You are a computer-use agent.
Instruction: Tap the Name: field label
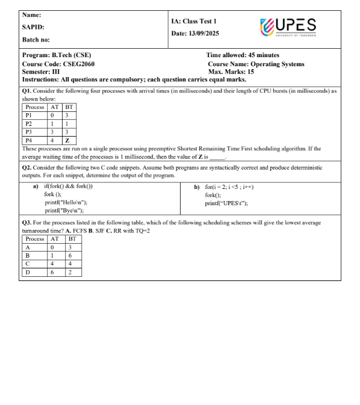coord(33,14)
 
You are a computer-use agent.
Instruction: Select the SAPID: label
coord(34,27)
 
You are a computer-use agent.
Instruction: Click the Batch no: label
coord(37,40)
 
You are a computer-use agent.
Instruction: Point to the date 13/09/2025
coord(207,32)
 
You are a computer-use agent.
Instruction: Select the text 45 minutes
coord(264,56)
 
